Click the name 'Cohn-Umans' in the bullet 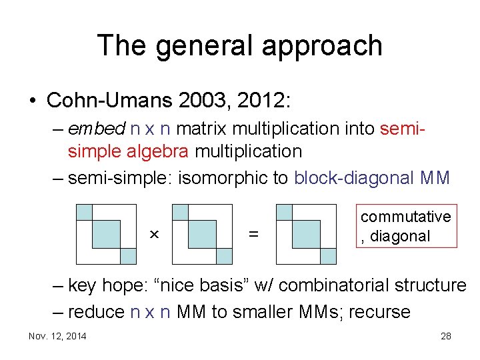[x=109, y=101]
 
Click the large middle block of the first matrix [x=105, y=234]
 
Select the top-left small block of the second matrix [x=180, y=212]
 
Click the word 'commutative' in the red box [x=405, y=217]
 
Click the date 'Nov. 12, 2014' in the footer [x=57, y=336]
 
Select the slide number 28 [x=445, y=336]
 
